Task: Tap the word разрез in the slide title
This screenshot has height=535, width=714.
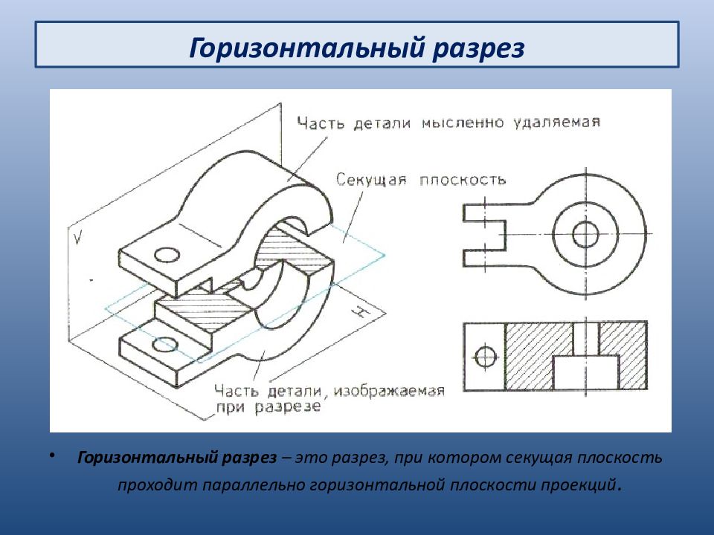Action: click(478, 49)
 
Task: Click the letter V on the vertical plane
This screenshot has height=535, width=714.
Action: click(78, 238)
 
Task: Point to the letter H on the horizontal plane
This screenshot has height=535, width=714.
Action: click(359, 312)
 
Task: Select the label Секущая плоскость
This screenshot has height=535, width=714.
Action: click(421, 180)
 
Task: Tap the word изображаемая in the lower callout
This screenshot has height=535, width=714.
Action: click(389, 392)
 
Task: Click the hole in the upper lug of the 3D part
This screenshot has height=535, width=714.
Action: click(167, 255)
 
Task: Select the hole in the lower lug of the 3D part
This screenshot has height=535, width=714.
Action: click(165, 345)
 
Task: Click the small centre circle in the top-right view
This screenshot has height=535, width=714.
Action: click(585, 234)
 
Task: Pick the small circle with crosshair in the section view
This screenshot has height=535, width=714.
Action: click(486, 357)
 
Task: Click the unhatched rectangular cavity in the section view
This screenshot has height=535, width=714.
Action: click(585, 372)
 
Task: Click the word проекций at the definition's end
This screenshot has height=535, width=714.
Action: click(579, 486)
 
